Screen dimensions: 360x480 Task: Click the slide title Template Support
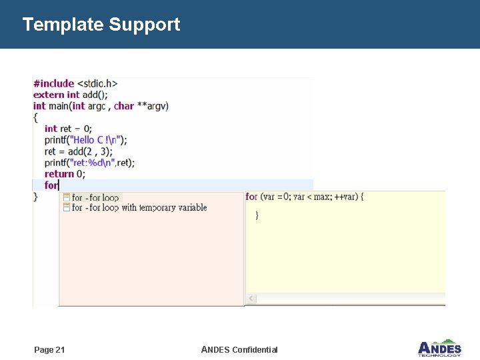101,25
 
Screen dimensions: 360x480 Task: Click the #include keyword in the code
53,83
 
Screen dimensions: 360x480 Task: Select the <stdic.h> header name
97,83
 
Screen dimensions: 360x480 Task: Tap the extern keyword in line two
48,95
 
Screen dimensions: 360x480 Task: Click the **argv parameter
153,106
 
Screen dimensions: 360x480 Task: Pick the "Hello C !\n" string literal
95,140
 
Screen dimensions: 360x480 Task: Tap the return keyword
59,174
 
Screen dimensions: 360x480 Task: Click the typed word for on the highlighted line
51,185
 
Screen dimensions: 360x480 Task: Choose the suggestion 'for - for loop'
95,197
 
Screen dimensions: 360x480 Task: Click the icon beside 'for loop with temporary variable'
67,207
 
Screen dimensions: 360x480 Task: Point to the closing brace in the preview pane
257,215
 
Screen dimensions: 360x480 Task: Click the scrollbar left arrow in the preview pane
251,298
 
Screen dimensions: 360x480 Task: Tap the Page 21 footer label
49,350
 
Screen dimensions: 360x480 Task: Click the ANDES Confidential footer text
239,350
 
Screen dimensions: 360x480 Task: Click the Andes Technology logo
439,347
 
